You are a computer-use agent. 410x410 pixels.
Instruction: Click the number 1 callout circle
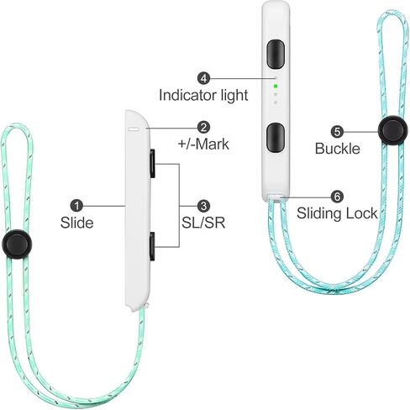76,206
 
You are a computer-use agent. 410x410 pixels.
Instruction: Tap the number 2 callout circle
203,128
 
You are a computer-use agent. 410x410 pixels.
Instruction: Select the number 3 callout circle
203,206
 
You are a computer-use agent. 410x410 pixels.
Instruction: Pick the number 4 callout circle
203,78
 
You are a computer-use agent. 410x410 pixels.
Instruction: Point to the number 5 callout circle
337,132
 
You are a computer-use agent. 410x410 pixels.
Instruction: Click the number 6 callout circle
337,197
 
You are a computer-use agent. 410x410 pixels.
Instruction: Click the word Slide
76,223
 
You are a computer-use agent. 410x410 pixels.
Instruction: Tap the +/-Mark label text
203,145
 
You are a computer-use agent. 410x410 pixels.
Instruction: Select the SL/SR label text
203,223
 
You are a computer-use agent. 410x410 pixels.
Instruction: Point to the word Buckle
338,149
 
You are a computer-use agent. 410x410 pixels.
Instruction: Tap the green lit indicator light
276,87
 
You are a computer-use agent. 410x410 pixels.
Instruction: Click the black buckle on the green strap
17,244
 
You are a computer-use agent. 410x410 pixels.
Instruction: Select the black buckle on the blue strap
392,130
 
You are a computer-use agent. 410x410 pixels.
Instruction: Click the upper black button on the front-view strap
276,54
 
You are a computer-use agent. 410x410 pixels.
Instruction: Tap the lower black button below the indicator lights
276,138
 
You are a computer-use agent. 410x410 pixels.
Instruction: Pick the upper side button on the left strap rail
153,164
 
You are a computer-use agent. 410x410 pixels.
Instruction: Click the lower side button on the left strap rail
153,246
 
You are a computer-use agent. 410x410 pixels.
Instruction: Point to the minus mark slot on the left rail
134,129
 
